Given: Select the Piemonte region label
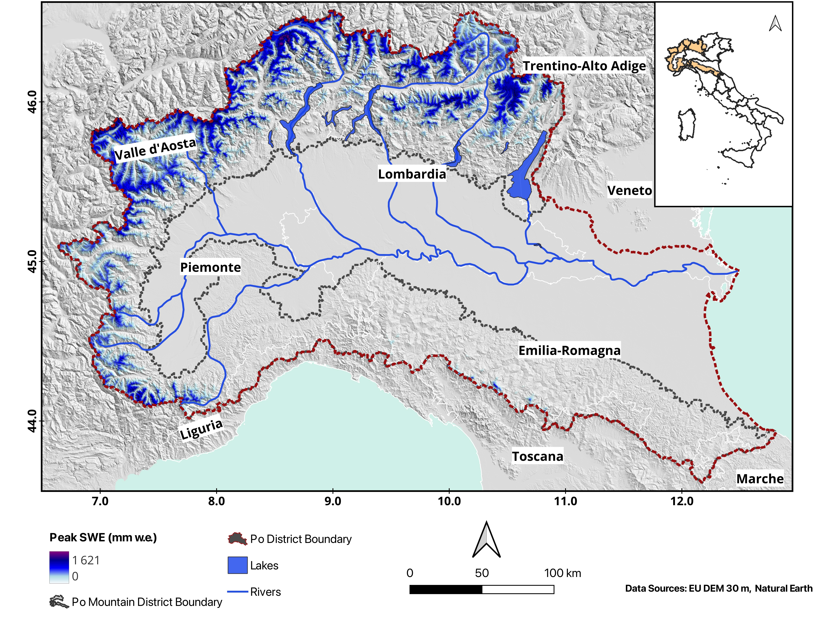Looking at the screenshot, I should pos(210,267).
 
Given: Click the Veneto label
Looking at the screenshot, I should pos(629,191).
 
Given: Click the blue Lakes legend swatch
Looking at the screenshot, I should pos(238,565).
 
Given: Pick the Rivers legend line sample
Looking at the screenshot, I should pos(238,591).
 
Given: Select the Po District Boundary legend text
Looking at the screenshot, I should pos(301,539).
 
